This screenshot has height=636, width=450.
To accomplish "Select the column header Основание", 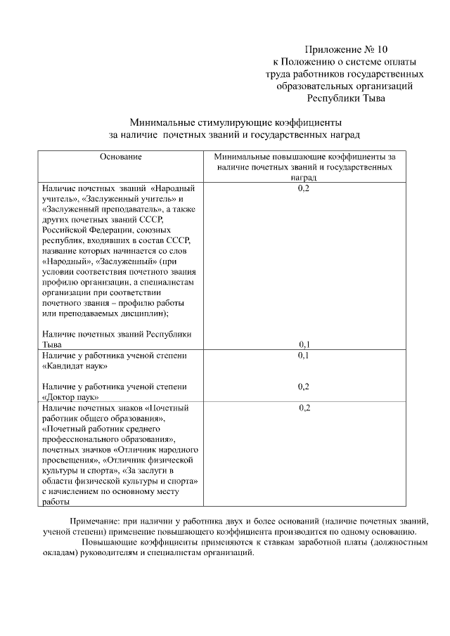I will pos(120,157).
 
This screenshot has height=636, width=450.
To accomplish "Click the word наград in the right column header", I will pos(304,179).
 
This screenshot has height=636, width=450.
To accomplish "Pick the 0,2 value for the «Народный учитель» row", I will pos(304,189).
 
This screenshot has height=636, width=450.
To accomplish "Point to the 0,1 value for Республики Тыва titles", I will pos(304,344).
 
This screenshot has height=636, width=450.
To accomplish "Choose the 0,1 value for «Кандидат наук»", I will pos(304,356).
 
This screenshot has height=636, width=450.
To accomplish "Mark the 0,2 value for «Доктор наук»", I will pos(304,387).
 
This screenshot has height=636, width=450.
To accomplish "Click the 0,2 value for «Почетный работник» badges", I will pos(304,408).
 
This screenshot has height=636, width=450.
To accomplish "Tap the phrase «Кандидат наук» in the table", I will pos(75,366).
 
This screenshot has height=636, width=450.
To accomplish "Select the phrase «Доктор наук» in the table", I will pos(70,397).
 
